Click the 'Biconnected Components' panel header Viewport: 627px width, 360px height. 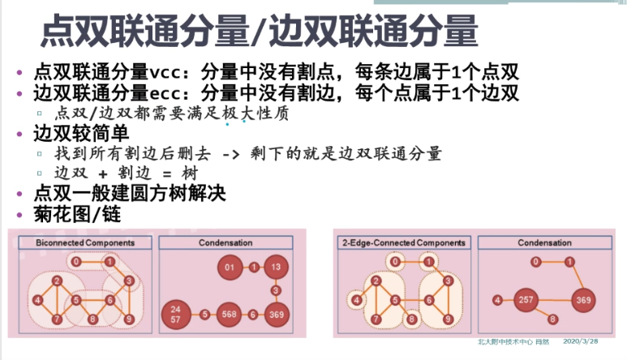coord(85,242)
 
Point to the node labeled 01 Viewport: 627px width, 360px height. coord(229,267)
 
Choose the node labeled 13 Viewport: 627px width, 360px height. coord(276,267)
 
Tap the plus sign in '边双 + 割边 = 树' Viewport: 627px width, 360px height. coord(104,174)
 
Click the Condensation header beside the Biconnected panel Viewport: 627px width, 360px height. coord(225,242)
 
